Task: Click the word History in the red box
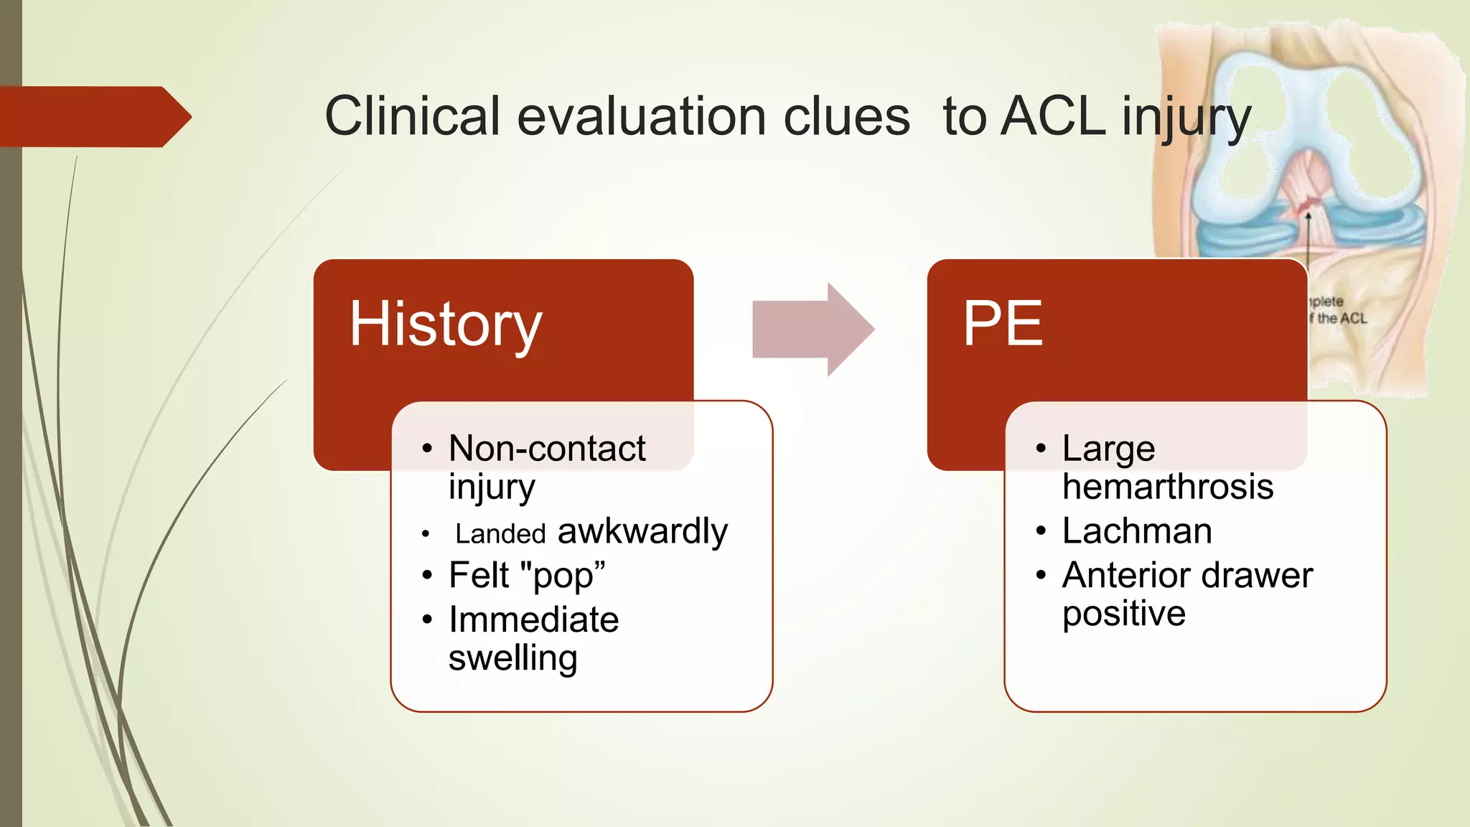pos(445,324)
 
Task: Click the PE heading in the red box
pos(1002,324)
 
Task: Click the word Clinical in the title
pos(412,116)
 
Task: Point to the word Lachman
pos(1137,531)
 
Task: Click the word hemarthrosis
pos(1168,487)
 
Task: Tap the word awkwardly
pos(642,531)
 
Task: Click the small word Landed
pos(500,534)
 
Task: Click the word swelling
pos(512,658)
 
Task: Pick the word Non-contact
pos(547,449)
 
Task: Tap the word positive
pos(1123,614)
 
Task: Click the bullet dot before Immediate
pos(427,620)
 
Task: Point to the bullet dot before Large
pos(1041,449)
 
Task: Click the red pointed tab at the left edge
pos(93,117)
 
